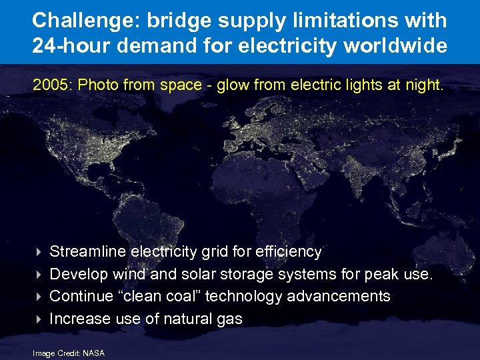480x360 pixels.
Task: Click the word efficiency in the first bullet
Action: [x=288, y=252]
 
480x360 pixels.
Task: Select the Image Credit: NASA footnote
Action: [x=69, y=353]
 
